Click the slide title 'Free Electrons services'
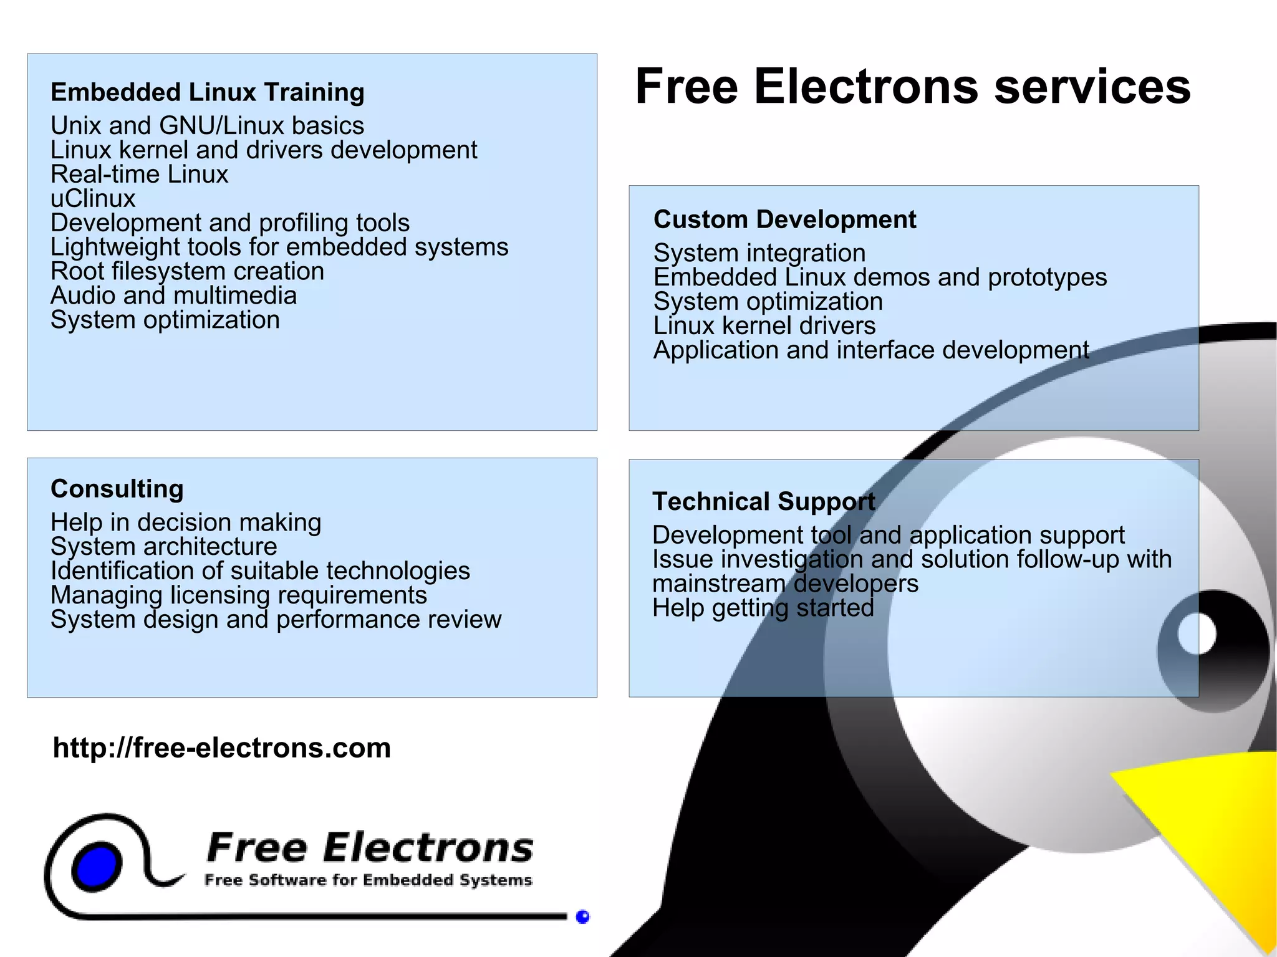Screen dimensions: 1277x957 pos(912,87)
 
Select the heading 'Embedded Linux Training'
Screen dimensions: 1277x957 pos(207,92)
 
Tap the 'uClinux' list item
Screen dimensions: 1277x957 pos(93,199)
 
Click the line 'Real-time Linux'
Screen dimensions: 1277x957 pos(139,175)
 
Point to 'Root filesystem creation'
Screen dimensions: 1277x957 pos(187,272)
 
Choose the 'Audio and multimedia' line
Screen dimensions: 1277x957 pos(173,296)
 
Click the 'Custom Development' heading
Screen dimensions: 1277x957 pos(784,220)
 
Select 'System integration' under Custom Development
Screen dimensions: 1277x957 pos(759,254)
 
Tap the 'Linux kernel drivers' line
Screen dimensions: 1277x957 pos(764,326)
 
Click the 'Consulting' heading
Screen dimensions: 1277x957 pos(117,489)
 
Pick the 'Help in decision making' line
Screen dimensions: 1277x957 pos(186,522)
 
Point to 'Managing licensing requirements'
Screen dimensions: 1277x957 pos(238,595)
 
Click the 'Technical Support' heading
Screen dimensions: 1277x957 pos(763,502)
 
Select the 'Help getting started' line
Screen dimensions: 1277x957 pos(763,608)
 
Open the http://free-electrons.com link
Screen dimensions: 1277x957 pos(221,748)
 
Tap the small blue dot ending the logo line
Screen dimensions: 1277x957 pos(582,916)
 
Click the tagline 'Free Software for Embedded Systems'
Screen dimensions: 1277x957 pos(368,880)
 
